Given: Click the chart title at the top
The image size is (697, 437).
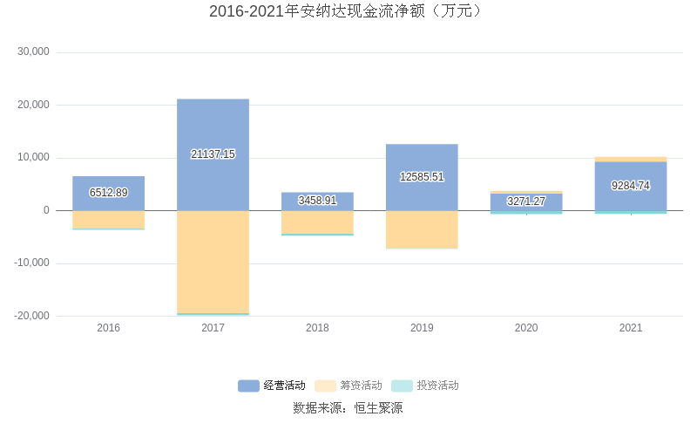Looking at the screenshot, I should click(x=348, y=11).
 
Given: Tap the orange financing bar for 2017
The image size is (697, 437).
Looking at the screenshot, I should click(x=213, y=262).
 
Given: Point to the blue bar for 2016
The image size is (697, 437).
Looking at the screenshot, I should click(x=109, y=183).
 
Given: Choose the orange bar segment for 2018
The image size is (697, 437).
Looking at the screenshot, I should click(x=317, y=222).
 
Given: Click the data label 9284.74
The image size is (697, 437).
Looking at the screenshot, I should click(x=631, y=186).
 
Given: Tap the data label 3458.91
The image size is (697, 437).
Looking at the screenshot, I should click(x=317, y=201).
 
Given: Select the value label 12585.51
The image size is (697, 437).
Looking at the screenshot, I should click(x=422, y=177).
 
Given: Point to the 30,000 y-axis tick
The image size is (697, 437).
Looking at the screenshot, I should click(x=34, y=52).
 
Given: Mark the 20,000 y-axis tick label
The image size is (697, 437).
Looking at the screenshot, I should click(x=34, y=106).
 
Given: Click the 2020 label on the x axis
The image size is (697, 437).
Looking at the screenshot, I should click(x=526, y=328).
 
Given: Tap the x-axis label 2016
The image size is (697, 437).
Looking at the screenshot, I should click(x=109, y=328).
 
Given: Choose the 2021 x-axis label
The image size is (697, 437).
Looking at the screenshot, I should click(x=631, y=328).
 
